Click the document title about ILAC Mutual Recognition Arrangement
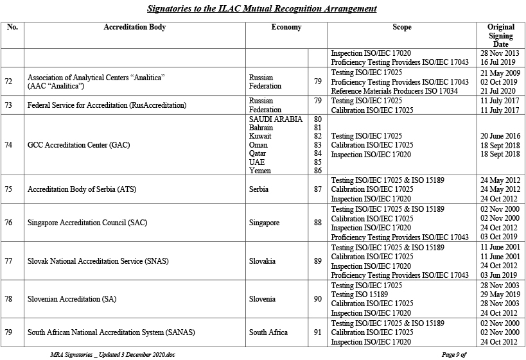click(x=262, y=9)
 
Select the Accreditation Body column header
click(x=134, y=28)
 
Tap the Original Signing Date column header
click(x=501, y=35)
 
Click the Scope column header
click(x=402, y=28)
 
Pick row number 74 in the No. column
click(x=8, y=145)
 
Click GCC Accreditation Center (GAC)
click(x=78, y=145)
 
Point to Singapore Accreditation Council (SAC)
click(x=87, y=223)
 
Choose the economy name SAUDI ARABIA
click(x=276, y=119)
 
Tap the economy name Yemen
click(x=260, y=171)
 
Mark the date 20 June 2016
click(x=500, y=136)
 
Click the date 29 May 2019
click(x=500, y=294)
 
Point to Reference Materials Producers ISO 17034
click(x=394, y=91)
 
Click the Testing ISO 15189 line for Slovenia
click(x=360, y=294)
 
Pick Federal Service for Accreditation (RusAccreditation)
click(x=107, y=105)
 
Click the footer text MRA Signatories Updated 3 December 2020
click(x=112, y=354)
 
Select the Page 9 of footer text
click(x=453, y=354)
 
